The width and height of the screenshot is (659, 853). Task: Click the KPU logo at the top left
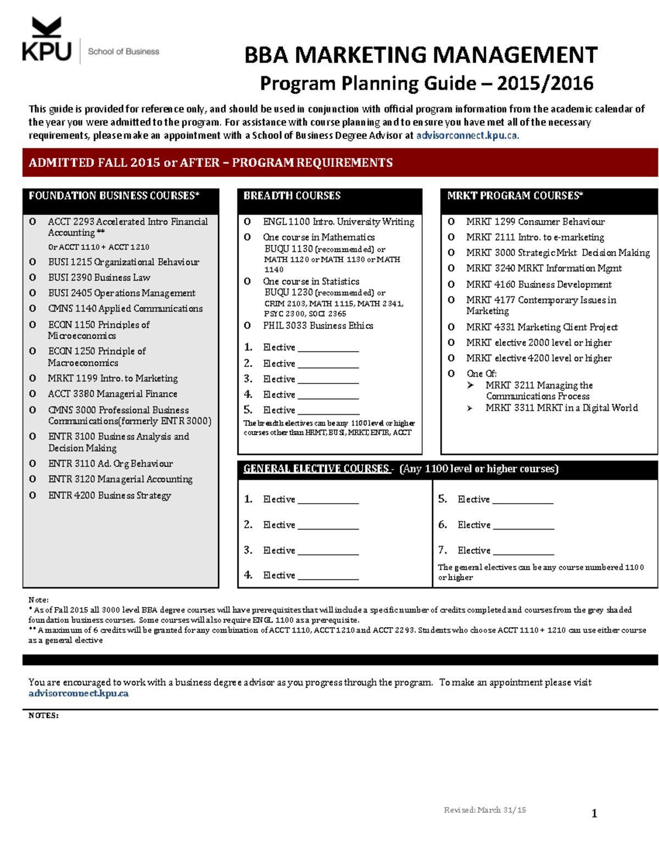pos(47,40)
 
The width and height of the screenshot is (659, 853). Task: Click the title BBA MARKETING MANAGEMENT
pos(420,55)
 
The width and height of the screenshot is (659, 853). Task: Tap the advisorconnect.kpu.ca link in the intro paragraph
pos(467,136)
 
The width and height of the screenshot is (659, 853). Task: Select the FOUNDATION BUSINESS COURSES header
pos(114,196)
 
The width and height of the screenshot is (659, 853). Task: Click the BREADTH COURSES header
pos(292,196)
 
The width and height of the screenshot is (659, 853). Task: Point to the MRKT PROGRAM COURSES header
pos(515,196)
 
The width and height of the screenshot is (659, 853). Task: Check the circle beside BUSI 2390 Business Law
pos(33,278)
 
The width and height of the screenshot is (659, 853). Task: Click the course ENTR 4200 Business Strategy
pos(109,495)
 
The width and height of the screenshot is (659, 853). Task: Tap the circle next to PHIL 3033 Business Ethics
pos(248,326)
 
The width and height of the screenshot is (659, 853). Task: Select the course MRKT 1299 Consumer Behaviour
pos(535,222)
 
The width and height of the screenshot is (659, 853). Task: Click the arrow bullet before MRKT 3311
pos(470,408)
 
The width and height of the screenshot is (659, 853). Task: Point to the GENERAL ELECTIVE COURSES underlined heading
pos(316,469)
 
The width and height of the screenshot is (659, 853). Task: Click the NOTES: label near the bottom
pos(43,716)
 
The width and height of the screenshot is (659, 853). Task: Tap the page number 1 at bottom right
pos(594,813)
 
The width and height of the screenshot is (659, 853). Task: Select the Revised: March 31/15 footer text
pos(484,810)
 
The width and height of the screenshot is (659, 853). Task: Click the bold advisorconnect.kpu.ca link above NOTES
pos(78,694)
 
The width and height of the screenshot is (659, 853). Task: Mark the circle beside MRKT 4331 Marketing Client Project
pos(451,327)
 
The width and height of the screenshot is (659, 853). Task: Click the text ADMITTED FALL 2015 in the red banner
pos(94,163)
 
